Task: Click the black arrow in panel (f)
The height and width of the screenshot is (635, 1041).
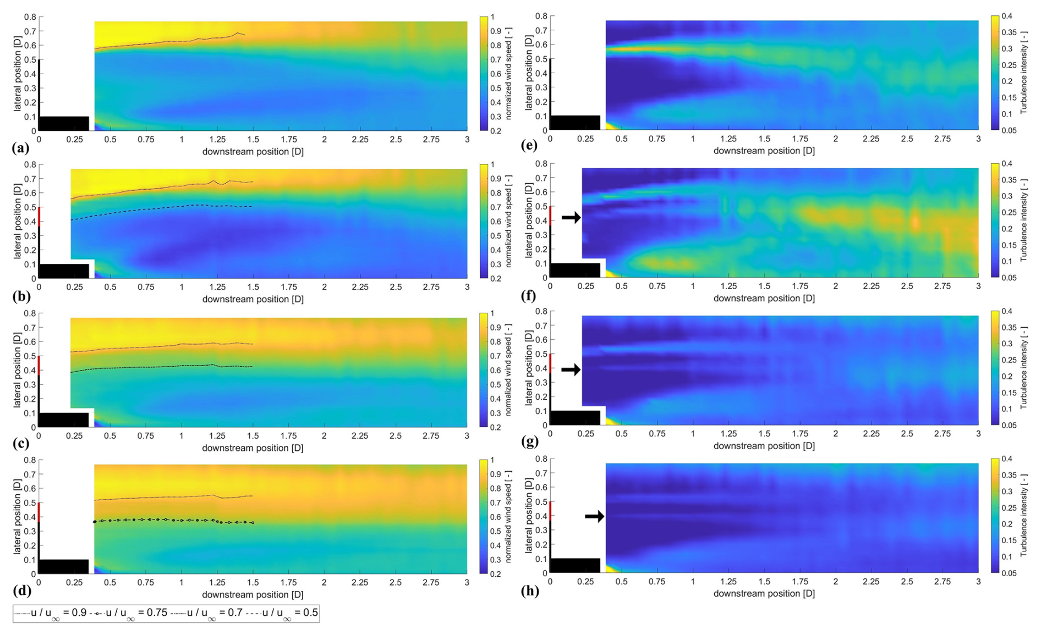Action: click(571, 218)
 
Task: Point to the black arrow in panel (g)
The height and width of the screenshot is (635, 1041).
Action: click(571, 369)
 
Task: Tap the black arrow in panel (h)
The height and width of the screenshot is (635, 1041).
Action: click(594, 516)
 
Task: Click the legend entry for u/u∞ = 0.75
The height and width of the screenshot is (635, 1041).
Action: click(129, 613)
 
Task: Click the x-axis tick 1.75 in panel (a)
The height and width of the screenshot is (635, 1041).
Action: click(288, 140)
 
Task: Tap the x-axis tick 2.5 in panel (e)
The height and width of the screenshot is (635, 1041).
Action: click(907, 139)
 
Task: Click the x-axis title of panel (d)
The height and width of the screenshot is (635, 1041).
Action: click(253, 595)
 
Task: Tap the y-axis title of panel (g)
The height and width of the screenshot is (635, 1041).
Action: click(529, 368)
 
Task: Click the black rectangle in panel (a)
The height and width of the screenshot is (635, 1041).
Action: click(64, 123)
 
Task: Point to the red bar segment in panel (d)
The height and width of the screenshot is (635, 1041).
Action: click(39, 510)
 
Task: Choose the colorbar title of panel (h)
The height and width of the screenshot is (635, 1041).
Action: click(1024, 515)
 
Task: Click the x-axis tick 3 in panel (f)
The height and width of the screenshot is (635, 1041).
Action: click(978, 286)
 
